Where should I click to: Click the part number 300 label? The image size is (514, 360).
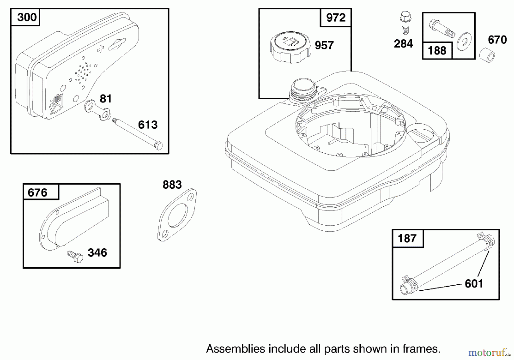click(x=27, y=17)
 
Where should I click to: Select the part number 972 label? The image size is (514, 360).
click(x=336, y=18)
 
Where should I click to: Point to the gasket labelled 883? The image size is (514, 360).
click(x=177, y=215)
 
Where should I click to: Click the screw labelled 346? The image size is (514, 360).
click(x=75, y=256)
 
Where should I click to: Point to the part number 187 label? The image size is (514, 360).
click(x=407, y=238)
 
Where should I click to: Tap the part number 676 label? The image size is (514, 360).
click(x=37, y=193)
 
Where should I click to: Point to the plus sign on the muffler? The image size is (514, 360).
click(x=101, y=49)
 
